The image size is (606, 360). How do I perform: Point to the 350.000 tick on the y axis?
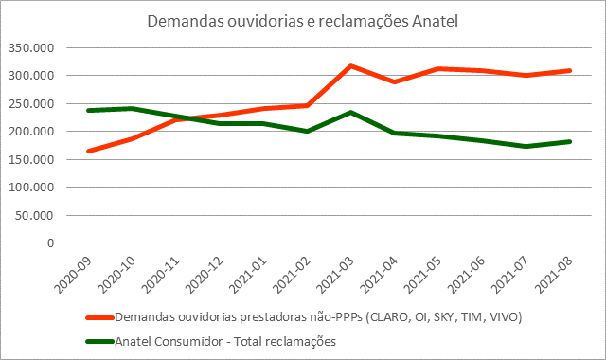pyautogui.click(x=33, y=48)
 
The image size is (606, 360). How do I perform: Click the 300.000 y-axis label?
pyautogui.click(x=33, y=76)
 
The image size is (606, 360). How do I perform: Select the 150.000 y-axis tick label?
pyautogui.click(x=33, y=159)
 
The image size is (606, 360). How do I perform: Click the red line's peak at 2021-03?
pyautogui.click(x=351, y=66)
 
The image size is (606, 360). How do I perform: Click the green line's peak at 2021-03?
pyautogui.click(x=351, y=112)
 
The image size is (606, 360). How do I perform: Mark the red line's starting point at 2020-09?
pyautogui.click(x=88, y=151)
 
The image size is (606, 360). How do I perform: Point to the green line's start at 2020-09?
pyautogui.click(x=88, y=110)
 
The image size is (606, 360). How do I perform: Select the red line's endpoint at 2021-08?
pyautogui.click(x=569, y=70)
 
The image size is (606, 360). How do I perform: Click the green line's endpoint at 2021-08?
pyautogui.click(x=569, y=141)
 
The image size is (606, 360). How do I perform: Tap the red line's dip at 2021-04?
pyautogui.click(x=395, y=82)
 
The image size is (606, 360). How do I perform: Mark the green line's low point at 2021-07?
pyautogui.click(x=526, y=146)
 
